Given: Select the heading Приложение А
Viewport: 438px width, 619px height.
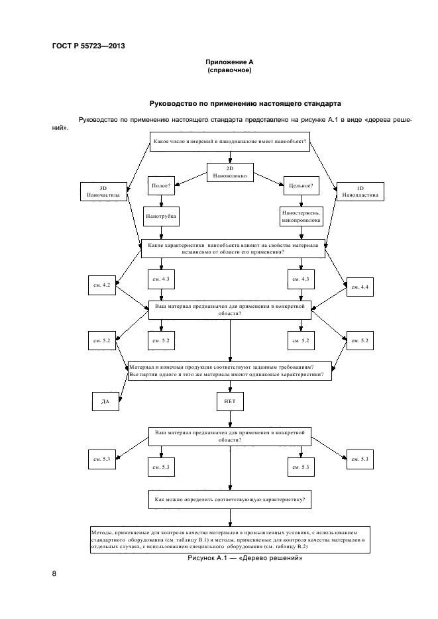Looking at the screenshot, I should (x=229, y=62).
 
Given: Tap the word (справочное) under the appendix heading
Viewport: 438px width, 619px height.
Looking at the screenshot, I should (x=229, y=70).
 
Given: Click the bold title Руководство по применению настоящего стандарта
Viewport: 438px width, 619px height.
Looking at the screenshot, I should (x=245, y=104).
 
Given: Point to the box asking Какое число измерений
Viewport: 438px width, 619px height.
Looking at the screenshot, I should (x=230, y=142).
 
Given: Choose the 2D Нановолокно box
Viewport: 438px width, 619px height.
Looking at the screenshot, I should (x=230, y=173).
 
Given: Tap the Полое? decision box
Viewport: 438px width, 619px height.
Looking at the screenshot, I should (x=161, y=186).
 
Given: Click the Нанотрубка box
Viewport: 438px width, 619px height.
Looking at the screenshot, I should (x=161, y=216).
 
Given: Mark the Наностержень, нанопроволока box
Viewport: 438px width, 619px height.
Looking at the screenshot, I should (x=301, y=216).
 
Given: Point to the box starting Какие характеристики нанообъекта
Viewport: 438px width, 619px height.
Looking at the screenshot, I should (x=232, y=248).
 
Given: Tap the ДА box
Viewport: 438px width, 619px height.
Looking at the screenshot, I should (x=105, y=401).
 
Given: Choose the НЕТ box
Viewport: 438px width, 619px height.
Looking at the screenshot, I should (x=230, y=401).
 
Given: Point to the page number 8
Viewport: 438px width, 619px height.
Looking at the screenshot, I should (x=54, y=573).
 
